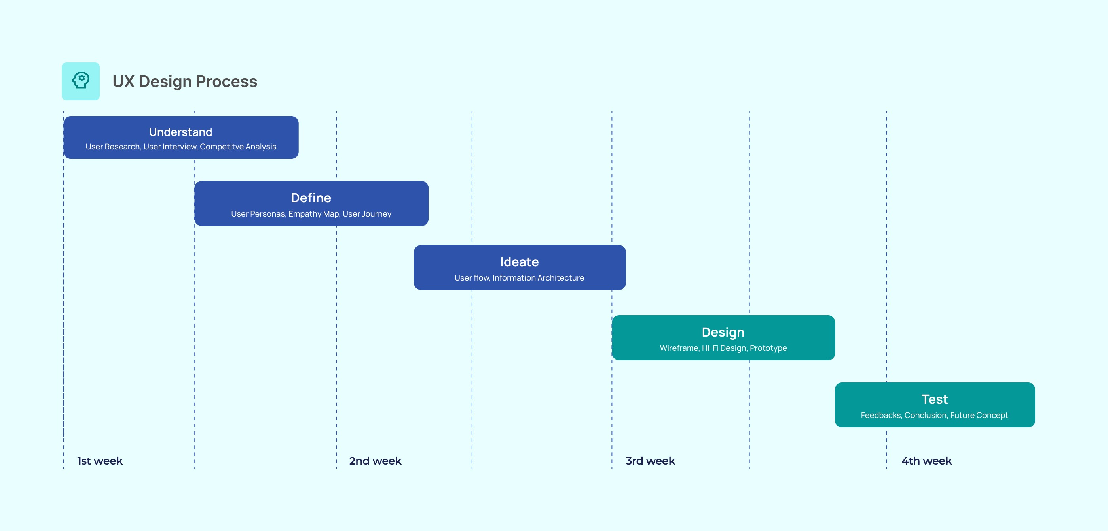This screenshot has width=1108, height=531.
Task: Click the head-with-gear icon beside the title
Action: click(x=80, y=81)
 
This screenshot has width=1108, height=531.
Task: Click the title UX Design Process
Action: click(x=185, y=81)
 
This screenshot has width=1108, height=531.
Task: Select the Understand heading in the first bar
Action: click(x=181, y=132)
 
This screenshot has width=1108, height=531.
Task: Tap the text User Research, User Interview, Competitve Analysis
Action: click(x=181, y=147)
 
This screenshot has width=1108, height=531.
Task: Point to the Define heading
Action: click(x=311, y=198)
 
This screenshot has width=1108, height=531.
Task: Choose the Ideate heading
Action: click(x=519, y=262)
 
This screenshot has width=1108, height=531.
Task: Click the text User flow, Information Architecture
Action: click(x=519, y=277)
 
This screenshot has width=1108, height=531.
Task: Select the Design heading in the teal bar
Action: click(x=723, y=333)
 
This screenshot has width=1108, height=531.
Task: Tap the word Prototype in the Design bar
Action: click(x=768, y=348)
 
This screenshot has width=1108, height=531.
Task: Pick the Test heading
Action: click(x=935, y=399)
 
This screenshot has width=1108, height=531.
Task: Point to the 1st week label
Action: click(x=100, y=461)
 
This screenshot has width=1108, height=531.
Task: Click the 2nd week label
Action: click(x=375, y=461)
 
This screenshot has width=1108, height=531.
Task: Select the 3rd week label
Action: click(x=650, y=461)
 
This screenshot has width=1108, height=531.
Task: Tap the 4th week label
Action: click(x=926, y=461)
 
